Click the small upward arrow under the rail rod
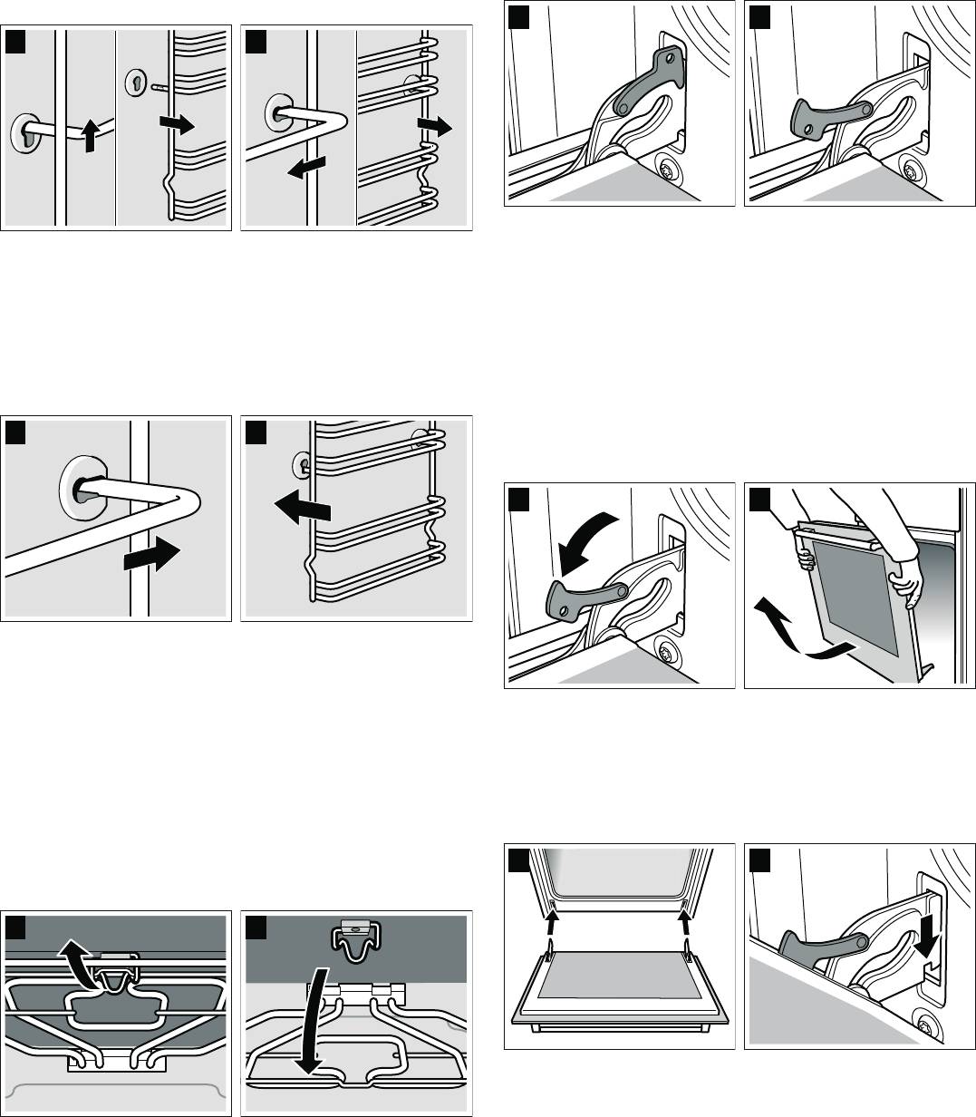point(87,137)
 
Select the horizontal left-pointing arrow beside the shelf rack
point(303,510)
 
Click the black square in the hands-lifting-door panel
point(759,500)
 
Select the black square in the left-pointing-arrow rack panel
point(256,430)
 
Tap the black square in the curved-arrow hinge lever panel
point(518,500)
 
